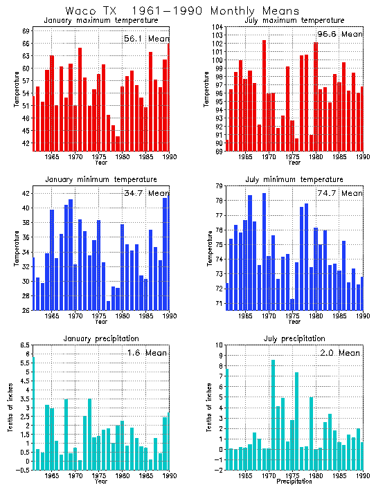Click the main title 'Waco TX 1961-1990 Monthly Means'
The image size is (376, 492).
pos(182,11)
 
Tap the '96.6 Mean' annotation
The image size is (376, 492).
pos(339,34)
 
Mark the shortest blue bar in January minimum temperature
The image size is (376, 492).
pos(108,305)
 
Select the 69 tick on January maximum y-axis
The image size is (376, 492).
pos(26,31)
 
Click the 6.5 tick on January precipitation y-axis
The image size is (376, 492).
pos(24,345)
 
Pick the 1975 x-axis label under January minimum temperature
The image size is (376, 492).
pos(98,316)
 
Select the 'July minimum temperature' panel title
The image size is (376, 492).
pos(294,179)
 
